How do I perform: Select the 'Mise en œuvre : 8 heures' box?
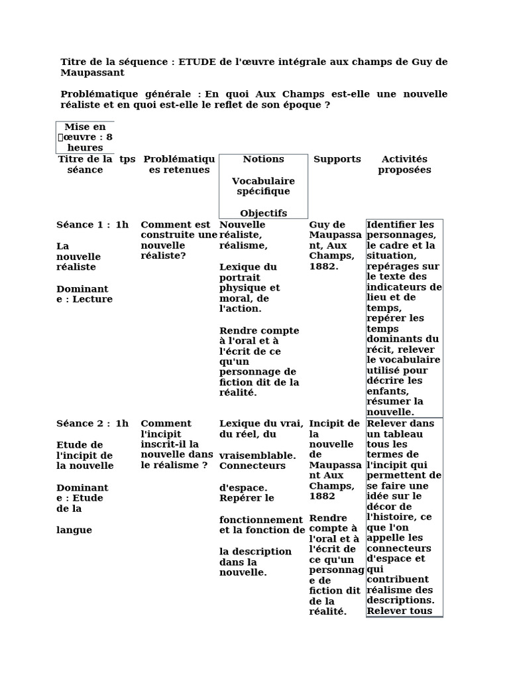85,137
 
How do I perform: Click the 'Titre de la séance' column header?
85,164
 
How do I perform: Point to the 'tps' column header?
127,159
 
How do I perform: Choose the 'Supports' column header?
337,159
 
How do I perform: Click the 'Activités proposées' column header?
404,164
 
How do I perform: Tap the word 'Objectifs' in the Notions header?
263,214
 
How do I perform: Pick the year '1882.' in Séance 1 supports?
323,267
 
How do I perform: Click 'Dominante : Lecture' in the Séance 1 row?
84,294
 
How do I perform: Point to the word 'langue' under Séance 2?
74,530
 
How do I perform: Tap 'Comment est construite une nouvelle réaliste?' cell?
178,239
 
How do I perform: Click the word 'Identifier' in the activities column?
392,225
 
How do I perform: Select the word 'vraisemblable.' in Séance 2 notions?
257,456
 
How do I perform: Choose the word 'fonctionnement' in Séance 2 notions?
260,519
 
